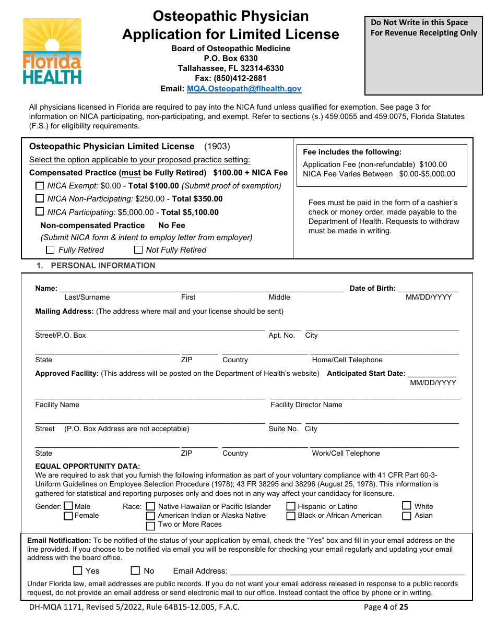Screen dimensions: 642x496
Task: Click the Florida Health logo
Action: click(x=52, y=51)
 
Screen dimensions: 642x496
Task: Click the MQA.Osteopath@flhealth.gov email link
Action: click(x=244, y=89)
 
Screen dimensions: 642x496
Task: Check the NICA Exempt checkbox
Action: click(x=40, y=185)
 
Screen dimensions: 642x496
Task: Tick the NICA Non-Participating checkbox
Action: click(x=40, y=198)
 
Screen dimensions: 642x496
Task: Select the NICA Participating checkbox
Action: click(x=40, y=212)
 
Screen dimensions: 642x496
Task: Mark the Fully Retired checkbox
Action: click(x=51, y=250)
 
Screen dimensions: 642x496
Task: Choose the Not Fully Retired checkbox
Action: click(x=138, y=250)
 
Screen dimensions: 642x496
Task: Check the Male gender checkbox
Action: click(x=68, y=506)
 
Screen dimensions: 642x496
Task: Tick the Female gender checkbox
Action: click(x=68, y=516)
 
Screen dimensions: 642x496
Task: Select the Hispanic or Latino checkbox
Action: click(x=291, y=506)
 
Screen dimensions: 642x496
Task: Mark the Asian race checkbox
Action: click(x=407, y=516)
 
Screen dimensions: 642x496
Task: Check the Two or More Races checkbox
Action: click(x=151, y=525)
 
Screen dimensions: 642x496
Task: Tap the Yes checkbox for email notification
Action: click(x=78, y=571)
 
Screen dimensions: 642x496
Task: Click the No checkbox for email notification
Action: click(x=135, y=571)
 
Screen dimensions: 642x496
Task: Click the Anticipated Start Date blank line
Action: click(x=432, y=374)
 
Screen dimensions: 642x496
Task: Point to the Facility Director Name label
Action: click(x=306, y=405)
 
